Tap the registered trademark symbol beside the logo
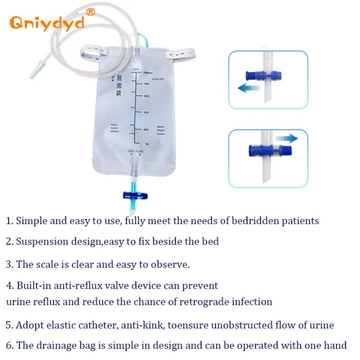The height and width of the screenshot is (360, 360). click(x=90, y=11)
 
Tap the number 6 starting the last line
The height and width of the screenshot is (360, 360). click(x=8, y=345)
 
